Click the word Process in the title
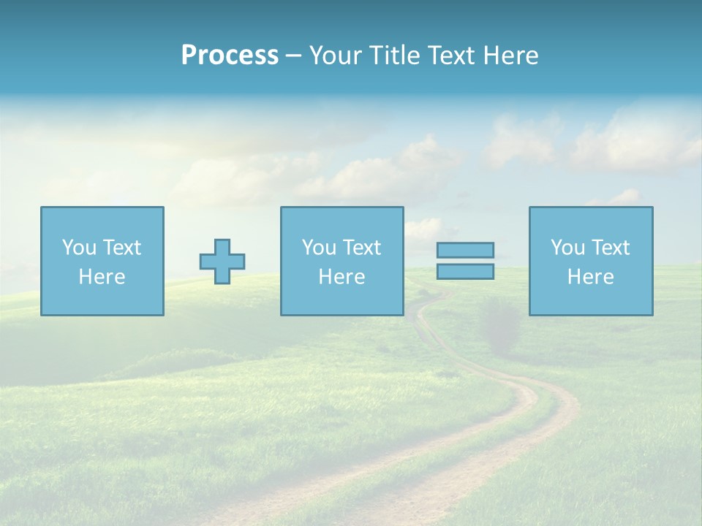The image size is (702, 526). click(230, 56)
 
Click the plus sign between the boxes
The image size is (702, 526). click(222, 262)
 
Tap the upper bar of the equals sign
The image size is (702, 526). click(465, 250)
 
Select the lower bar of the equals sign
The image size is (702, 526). click(465, 271)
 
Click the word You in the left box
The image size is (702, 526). click(79, 248)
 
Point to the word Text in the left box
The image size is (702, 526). click(121, 248)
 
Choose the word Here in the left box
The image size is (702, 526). click(102, 277)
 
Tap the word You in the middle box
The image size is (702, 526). click(319, 248)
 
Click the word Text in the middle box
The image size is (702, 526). click(361, 248)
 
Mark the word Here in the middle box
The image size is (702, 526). click(341, 277)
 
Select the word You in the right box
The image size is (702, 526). click(567, 248)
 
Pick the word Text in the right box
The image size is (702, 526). click(610, 248)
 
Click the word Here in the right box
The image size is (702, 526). click(590, 277)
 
